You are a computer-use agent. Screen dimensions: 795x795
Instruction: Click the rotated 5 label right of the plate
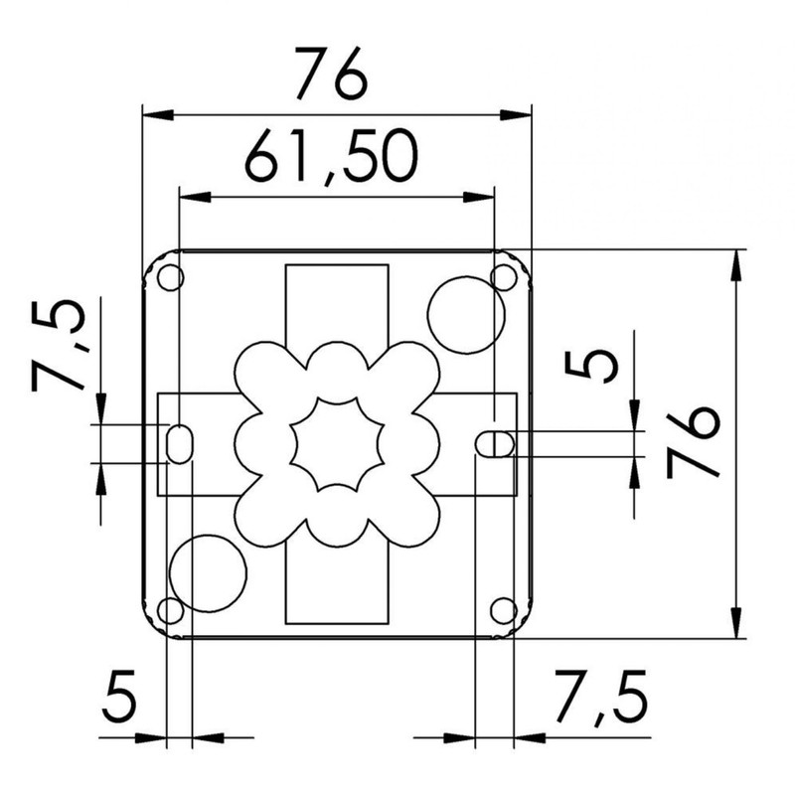coord(592,364)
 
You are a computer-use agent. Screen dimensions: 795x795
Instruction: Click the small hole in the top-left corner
coord(170,277)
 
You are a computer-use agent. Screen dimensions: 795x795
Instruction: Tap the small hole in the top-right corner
coord(505,275)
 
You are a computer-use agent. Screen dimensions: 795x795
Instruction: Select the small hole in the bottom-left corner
coord(170,608)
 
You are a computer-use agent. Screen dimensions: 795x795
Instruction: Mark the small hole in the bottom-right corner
coord(504,608)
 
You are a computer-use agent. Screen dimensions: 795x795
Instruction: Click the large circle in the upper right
coord(464,315)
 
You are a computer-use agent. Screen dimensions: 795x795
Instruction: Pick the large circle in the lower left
coord(208,571)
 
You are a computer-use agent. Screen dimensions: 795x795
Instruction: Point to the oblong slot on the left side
coord(180,443)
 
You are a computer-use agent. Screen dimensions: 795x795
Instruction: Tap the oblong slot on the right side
coord(494,443)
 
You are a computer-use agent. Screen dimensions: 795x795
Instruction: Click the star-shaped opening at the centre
coord(337,443)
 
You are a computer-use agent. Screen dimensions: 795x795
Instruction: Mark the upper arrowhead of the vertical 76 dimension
coord(736,258)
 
